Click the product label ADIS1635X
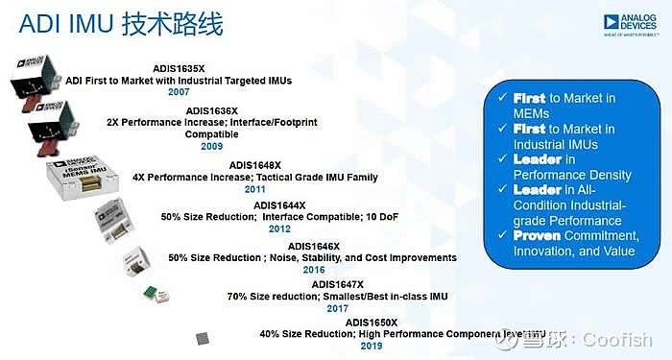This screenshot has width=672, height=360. (x=179, y=68)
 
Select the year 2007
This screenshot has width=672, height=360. (x=180, y=93)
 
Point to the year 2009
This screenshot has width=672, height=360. (x=212, y=147)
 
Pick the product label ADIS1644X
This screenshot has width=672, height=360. (x=279, y=204)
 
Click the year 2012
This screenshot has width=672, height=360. (x=279, y=229)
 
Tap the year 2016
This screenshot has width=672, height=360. (x=313, y=271)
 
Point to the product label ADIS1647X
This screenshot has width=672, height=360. (x=339, y=284)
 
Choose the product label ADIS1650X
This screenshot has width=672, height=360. (x=372, y=322)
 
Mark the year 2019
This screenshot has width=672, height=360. (x=372, y=346)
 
